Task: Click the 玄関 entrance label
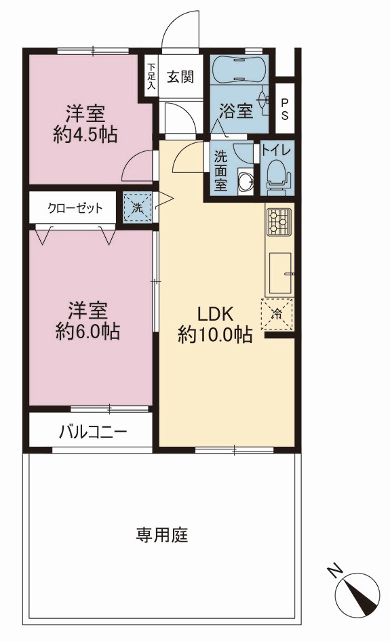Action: click(180, 77)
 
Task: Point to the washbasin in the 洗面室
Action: click(246, 180)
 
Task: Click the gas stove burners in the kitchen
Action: click(279, 222)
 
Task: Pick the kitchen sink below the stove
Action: click(280, 273)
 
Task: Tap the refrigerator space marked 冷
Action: click(277, 314)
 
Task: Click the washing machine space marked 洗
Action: click(138, 207)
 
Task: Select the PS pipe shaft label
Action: click(284, 109)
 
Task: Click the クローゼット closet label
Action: click(75, 208)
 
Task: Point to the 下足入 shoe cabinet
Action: click(151, 76)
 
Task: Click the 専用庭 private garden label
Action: click(162, 535)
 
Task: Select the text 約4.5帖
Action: click(85, 134)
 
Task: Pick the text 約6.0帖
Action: click(87, 331)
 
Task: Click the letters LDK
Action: click(216, 315)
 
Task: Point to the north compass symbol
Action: click(357, 592)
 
